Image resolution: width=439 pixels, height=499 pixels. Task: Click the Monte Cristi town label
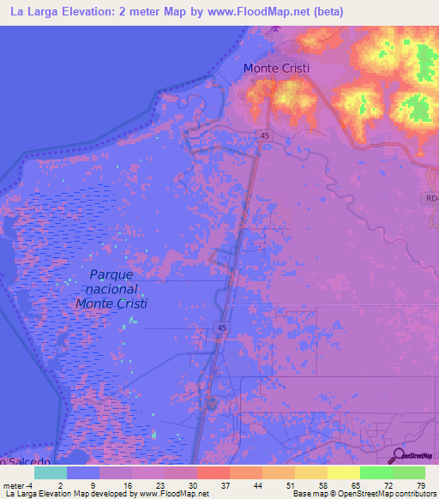pyautogui.click(x=276, y=69)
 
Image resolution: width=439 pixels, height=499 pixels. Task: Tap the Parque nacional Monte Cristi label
pyautogui.click(x=111, y=290)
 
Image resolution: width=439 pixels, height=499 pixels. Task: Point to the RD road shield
pyautogui.click(x=430, y=198)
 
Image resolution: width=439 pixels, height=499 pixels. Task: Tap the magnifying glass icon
pyautogui.click(x=398, y=455)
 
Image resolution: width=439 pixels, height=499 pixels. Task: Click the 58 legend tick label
pyautogui.click(x=322, y=484)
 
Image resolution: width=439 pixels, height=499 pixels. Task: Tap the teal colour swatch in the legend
pyautogui.click(x=51, y=472)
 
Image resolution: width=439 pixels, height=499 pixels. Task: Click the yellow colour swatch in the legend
pyautogui.click(x=343, y=472)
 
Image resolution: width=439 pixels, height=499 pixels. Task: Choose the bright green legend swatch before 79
pyautogui.click(x=376, y=472)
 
